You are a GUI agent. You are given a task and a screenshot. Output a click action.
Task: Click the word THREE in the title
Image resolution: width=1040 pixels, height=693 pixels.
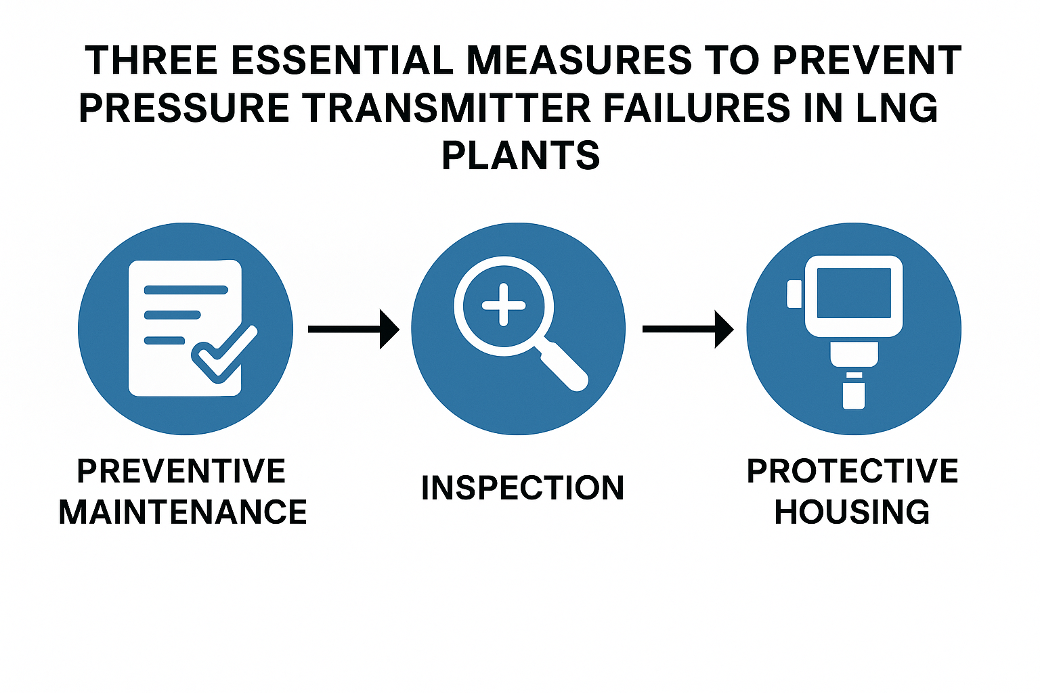(x=152, y=60)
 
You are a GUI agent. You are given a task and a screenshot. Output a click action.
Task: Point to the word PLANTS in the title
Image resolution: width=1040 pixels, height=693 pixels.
(x=521, y=156)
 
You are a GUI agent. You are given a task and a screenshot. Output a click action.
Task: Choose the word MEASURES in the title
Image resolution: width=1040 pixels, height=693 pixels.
(x=579, y=60)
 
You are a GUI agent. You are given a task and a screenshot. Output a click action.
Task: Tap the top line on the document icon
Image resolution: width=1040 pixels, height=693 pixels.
(x=186, y=290)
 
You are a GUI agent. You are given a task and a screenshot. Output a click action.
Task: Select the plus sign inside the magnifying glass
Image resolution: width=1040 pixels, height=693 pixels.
(x=504, y=305)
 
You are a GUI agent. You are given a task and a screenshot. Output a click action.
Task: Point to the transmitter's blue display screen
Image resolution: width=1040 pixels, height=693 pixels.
(x=854, y=293)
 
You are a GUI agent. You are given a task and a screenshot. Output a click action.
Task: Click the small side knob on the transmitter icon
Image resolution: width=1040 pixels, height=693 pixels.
(x=794, y=294)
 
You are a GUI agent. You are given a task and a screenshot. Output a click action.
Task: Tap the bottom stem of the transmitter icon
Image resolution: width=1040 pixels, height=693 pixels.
(x=854, y=395)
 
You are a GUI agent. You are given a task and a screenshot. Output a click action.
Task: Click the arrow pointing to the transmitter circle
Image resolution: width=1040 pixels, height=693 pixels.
(x=688, y=329)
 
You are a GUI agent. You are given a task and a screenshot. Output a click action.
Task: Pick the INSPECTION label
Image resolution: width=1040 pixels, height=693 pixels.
(x=522, y=488)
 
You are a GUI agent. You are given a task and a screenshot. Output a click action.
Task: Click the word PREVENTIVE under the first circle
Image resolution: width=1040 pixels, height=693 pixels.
(x=181, y=470)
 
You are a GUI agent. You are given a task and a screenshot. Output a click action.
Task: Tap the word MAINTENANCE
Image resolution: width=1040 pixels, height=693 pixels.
(x=183, y=512)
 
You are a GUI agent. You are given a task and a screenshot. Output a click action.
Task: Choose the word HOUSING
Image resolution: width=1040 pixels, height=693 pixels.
(x=852, y=512)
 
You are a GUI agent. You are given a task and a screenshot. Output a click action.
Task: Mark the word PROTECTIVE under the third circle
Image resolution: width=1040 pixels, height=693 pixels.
(x=852, y=470)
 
